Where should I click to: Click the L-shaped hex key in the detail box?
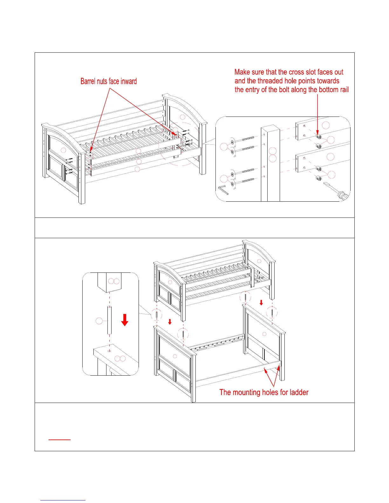pyautogui.click(x=223, y=190)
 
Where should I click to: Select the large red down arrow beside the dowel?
pyautogui.click(x=125, y=320)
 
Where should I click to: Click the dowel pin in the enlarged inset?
pyautogui.click(x=109, y=320)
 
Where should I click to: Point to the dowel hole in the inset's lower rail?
pyautogui.click(x=109, y=351)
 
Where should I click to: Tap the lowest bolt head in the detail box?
pyautogui.click(x=233, y=184)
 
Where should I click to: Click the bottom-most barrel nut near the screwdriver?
pyautogui.click(x=319, y=178)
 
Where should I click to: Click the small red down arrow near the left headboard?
pyautogui.click(x=170, y=322)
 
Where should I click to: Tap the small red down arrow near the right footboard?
pyautogui.click(x=261, y=303)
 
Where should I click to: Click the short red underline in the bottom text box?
pyautogui.click(x=59, y=440)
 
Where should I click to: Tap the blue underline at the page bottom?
pyautogui.click(x=63, y=500)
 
